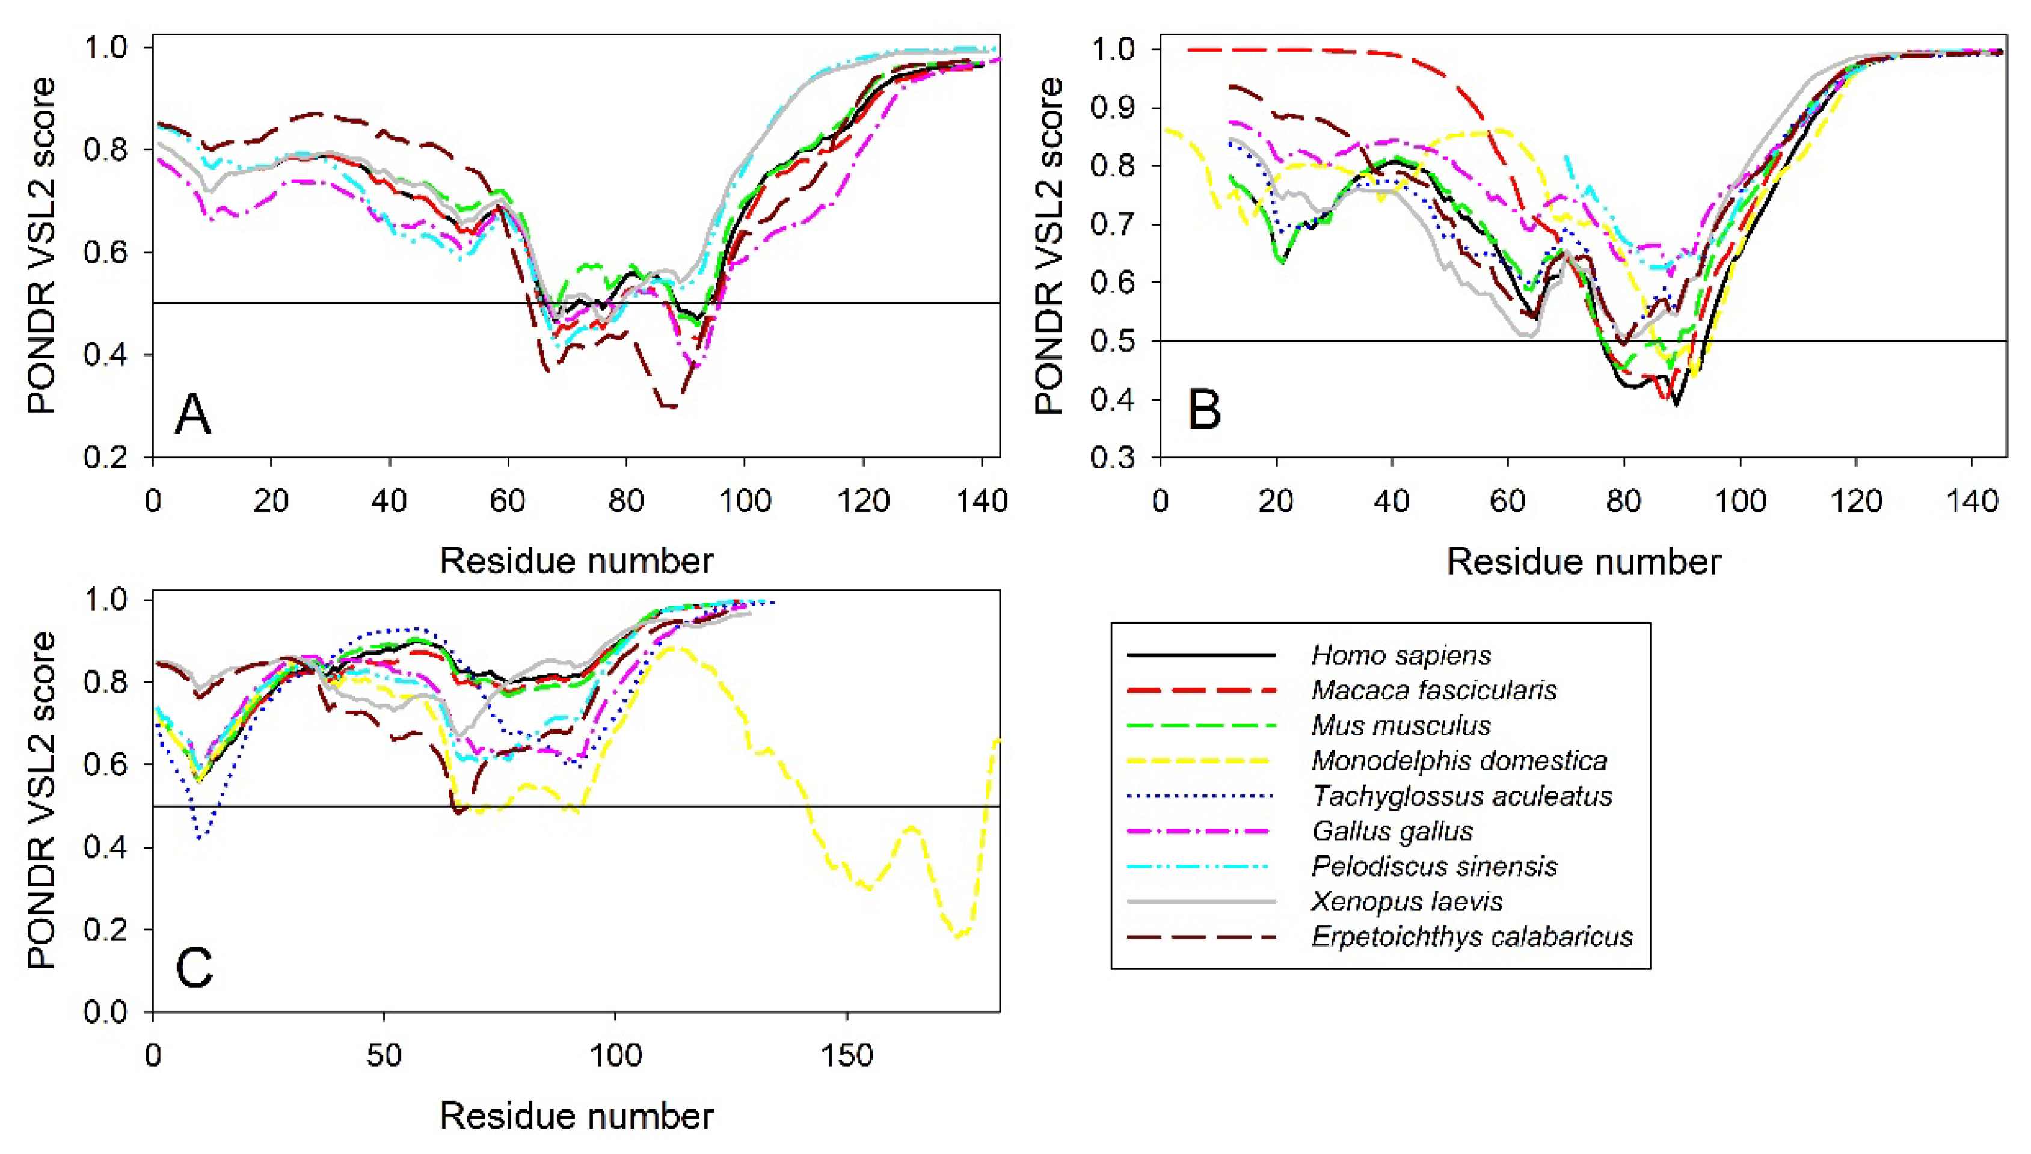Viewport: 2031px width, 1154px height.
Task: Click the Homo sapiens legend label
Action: (1400, 655)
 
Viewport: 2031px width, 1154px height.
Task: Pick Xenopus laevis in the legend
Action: (1407, 901)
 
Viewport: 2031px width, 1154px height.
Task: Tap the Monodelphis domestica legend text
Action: (1459, 761)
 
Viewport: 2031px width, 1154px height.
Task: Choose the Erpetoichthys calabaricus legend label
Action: (1472, 936)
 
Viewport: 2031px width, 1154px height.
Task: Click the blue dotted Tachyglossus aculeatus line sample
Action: (1200, 796)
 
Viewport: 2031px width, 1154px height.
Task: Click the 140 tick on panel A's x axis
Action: (982, 501)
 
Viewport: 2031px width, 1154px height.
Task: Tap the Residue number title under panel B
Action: (1584, 561)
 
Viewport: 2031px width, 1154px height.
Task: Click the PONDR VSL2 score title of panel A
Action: (41, 246)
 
